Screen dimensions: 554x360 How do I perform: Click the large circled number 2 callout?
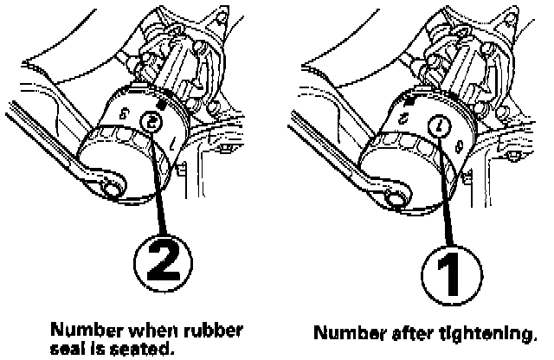[x=164, y=263]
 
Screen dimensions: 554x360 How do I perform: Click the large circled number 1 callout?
[x=452, y=275]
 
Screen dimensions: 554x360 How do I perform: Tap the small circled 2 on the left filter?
[x=151, y=121]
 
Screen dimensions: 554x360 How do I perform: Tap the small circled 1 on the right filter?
[x=439, y=126]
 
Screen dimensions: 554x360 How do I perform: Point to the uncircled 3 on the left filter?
[x=125, y=113]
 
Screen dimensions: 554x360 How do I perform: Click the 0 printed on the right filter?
[x=459, y=145]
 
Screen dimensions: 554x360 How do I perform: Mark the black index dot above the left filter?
[x=162, y=105]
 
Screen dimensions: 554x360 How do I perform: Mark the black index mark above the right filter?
[x=409, y=102]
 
